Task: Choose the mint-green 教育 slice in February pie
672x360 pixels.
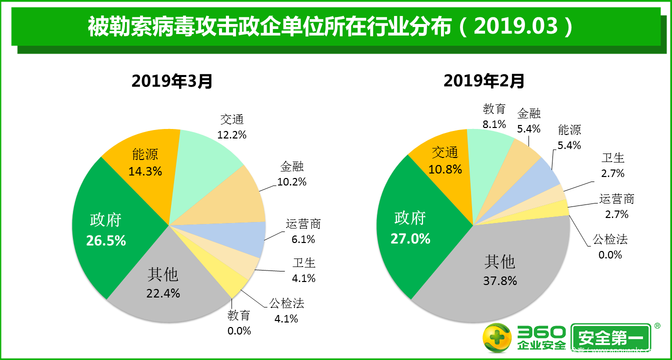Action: pos(487,160)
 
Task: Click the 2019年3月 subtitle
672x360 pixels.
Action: pos(172,80)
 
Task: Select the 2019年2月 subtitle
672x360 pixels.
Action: pos(484,80)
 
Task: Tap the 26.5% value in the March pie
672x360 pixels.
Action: pos(106,241)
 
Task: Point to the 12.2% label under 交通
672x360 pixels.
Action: pos(232,134)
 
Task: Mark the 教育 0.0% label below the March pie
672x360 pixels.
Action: pos(239,323)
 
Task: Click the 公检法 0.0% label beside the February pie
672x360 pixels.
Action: pos(610,247)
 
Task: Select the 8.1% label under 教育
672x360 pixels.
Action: pos(494,124)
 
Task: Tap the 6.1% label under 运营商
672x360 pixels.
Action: pos(303,239)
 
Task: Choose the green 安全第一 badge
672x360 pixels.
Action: pos(611,339)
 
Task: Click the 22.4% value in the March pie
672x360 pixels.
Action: pos(163,293)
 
